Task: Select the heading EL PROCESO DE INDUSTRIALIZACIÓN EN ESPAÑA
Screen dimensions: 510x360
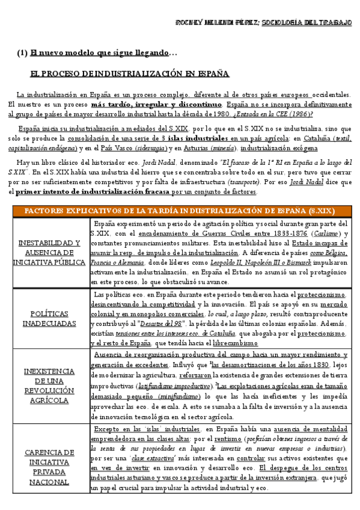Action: click(129, 74)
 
